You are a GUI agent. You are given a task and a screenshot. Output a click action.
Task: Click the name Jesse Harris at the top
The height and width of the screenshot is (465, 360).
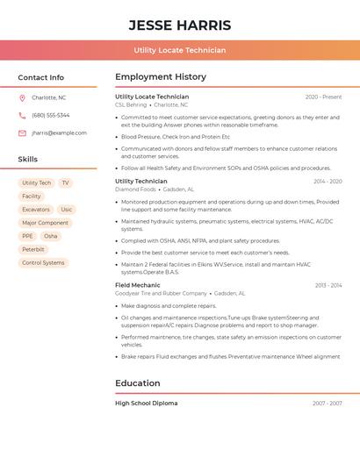point(180,25)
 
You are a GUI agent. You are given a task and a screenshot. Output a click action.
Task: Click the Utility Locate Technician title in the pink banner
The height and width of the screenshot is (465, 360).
point(180,50)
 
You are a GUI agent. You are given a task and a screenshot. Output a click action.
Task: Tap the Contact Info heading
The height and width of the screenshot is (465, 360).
point(41,77)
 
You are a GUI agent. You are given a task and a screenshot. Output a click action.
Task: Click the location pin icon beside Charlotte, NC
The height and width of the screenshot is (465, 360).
point(22,97)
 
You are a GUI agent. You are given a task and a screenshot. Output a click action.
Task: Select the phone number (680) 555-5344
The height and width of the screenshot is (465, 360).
point(51,115)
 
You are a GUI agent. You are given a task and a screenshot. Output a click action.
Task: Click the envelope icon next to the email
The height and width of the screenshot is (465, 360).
point(22,133)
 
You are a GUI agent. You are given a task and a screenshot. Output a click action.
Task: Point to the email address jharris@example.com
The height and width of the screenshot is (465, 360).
point(60,133)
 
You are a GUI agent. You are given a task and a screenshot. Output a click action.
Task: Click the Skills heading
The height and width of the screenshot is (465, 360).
point(28,160)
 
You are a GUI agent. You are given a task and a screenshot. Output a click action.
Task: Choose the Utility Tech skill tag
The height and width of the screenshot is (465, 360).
point(37,183)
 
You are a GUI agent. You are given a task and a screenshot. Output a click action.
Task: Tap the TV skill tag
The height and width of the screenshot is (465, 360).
point(65,183)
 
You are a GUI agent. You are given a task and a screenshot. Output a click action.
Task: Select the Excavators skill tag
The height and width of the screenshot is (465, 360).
point(36,210)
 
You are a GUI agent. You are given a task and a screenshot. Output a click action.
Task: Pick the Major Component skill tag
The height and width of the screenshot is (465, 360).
point(45,223)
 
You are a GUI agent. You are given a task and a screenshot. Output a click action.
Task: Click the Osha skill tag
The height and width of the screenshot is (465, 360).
point(51,236)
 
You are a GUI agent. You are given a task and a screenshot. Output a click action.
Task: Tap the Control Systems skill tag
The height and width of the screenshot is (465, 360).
point(43,262)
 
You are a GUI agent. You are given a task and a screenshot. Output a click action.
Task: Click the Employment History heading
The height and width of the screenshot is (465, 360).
point(161,77)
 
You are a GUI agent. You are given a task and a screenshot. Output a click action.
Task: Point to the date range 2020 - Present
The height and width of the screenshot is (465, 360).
point(323,97)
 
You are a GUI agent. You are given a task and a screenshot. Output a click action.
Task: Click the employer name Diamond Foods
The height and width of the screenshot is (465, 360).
point(135,190)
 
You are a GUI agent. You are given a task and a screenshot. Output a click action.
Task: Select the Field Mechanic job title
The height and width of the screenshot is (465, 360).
point(138,285)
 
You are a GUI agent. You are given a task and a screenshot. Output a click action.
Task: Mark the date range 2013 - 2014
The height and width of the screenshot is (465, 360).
point(328,285)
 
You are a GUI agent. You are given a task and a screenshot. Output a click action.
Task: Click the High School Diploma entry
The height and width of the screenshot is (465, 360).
point(147,404)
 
